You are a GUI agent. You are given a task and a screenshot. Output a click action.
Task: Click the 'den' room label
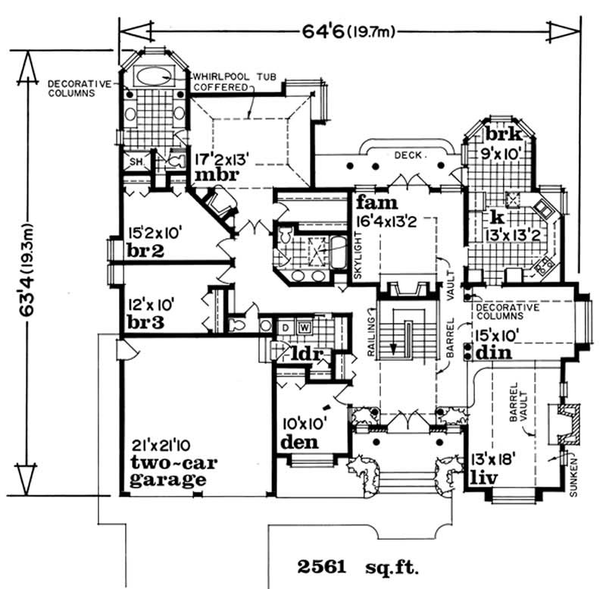pos(298,441)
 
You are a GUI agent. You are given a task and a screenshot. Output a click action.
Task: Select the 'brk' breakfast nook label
pos(500,135)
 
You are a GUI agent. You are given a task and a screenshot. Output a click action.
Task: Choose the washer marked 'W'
pos(304,327)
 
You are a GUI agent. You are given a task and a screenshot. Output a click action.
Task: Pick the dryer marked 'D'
pos(286,327)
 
